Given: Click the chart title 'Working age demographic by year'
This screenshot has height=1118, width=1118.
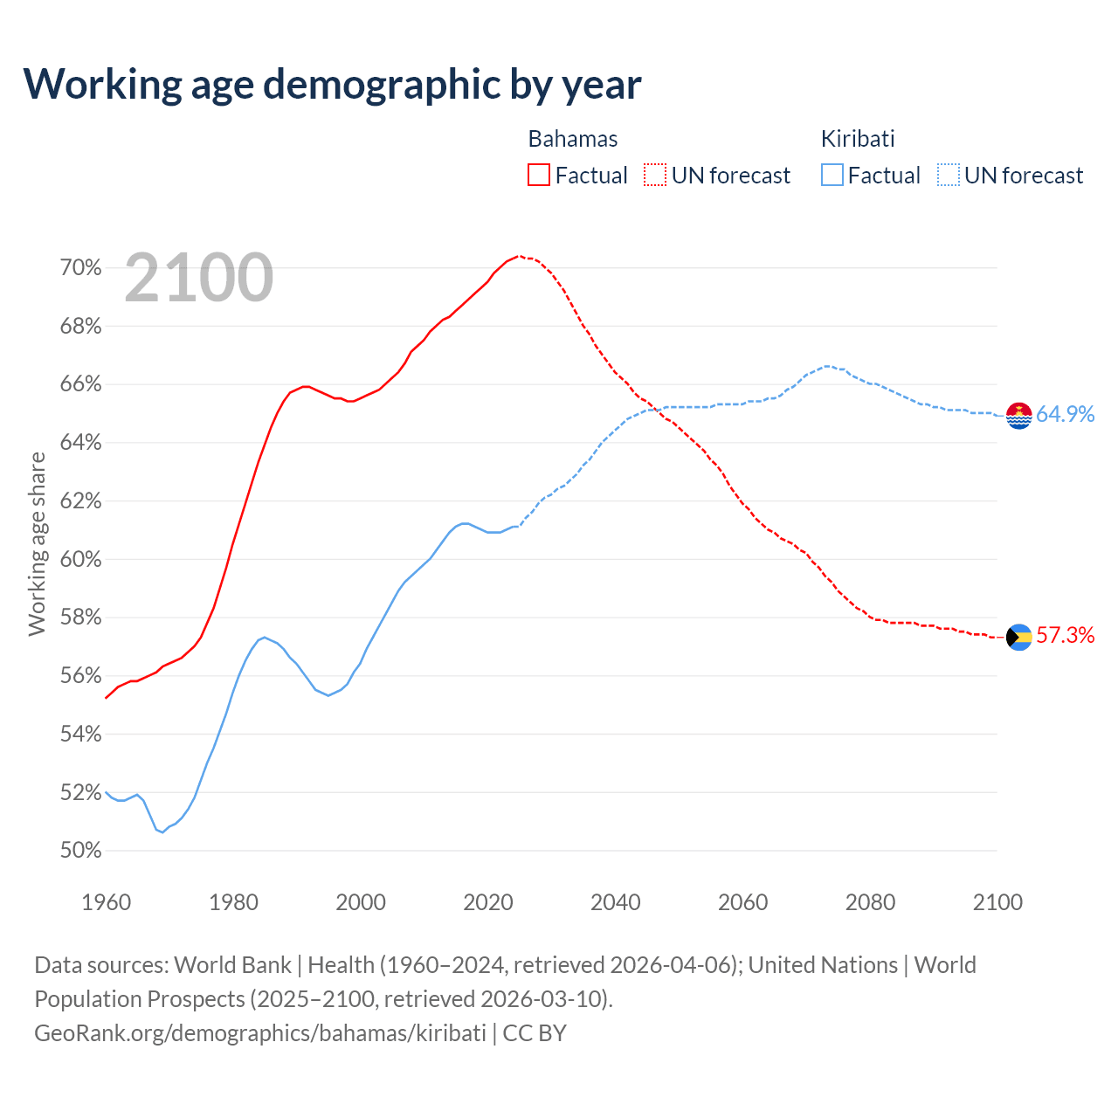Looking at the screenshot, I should click(x=332, y=84).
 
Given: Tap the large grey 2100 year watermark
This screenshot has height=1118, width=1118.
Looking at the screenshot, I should click(x=199, y=278).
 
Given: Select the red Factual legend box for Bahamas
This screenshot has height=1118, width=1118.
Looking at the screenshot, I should click(x=539, y=175).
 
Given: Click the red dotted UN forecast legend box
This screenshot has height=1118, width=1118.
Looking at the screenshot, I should click(x=655, y=175).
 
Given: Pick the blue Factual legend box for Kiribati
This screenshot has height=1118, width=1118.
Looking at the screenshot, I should click(x=832, y=175).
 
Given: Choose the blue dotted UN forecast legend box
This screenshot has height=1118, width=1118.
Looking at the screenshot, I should click(x=949, y=175).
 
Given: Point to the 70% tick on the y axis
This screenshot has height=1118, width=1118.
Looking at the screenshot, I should click(x=80, y=267).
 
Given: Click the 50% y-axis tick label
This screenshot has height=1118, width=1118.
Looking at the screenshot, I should click(x=80, y=850).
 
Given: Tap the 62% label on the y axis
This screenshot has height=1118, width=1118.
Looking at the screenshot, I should click(x=80, y=500).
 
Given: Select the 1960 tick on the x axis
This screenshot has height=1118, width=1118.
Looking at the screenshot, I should click(x=106, y=901).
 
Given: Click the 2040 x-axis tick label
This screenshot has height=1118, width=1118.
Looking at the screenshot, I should click(x=616, y=901).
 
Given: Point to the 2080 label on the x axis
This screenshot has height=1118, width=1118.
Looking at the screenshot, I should click(x=870, y=901).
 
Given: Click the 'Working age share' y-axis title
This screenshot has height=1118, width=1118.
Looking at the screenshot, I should click(x=37, y=543).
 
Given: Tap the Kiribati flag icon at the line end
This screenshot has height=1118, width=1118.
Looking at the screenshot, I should click(x=1019, y=416).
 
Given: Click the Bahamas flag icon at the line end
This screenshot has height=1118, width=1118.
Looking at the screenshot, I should click(x=1019, y=638).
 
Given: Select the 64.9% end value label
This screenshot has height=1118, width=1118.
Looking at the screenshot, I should click(x=1065, y=414).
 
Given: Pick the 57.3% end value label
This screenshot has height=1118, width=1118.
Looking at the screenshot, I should click(x=1065, y=635).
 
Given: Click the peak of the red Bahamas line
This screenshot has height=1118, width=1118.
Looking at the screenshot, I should click(x=519, y=256).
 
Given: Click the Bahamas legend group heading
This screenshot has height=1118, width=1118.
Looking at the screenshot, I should click(x=573, y=139).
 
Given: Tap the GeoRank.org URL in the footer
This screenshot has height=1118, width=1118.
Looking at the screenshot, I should click(x=260, y=1032).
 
